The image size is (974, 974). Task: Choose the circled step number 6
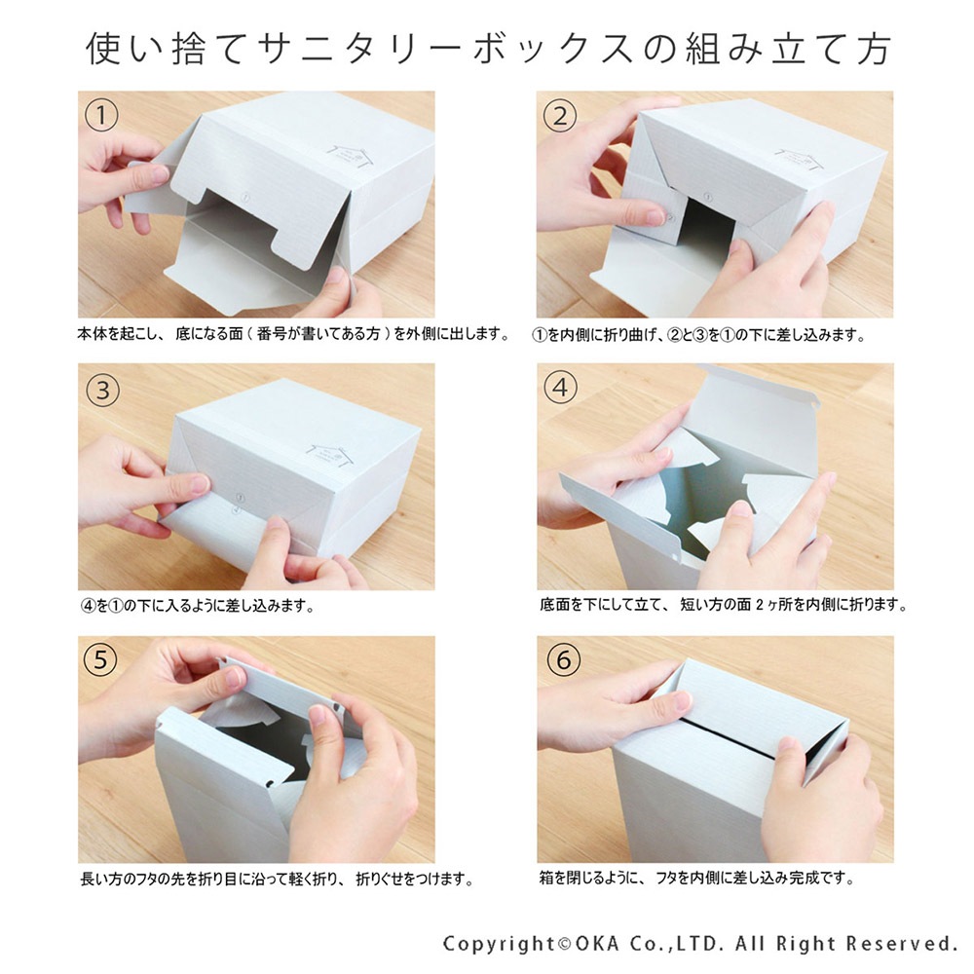(x=560, y=661)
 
